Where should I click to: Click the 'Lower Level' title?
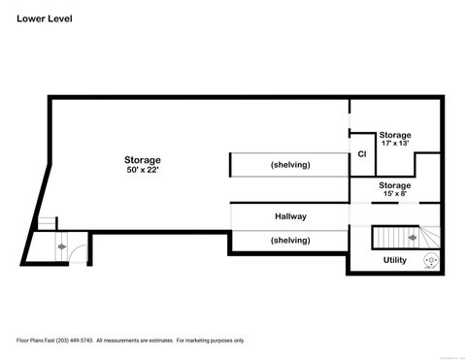tap(44, 18)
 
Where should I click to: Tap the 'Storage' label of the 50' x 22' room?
tap(142, 160)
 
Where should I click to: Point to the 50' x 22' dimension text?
tap(142, 170)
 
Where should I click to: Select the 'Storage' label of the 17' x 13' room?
tap(394, 135)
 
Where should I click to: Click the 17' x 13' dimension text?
tap(394, 144)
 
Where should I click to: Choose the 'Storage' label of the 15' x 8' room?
tap(394, 185)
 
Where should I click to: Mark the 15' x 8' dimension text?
tap(394, 194)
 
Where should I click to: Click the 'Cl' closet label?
tap(362, 154)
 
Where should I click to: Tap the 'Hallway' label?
tap(290, 217)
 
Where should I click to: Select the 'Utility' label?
tap(394, 260)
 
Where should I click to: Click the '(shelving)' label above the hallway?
tap(290, 165)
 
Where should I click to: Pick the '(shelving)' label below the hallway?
tap(290, 240)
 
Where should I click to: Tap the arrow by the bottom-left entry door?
tap(63, 247)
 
